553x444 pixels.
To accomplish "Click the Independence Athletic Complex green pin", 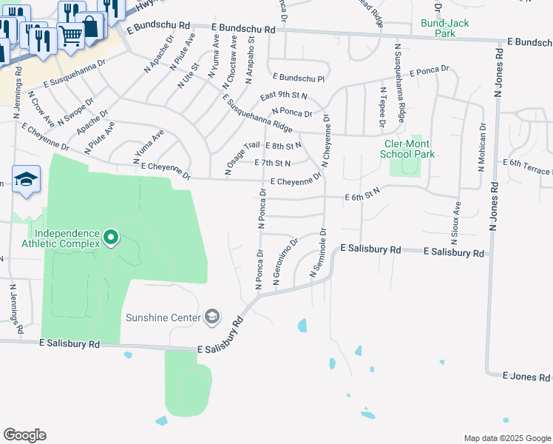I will coord(111,238).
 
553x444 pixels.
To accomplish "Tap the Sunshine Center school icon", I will coord(213,317).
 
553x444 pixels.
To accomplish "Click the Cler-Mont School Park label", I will coord(407,149).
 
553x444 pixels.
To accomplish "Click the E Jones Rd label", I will coord(526,377).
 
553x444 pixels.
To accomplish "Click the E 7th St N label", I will coord(272,163).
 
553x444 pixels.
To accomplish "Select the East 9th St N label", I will coord(283,97).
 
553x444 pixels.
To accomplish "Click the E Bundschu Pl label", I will coord(299,77).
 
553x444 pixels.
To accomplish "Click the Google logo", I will coord(24,435).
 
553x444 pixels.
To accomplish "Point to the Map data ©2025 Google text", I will coord(506,438).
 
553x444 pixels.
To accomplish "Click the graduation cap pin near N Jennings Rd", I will coord(26,180).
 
